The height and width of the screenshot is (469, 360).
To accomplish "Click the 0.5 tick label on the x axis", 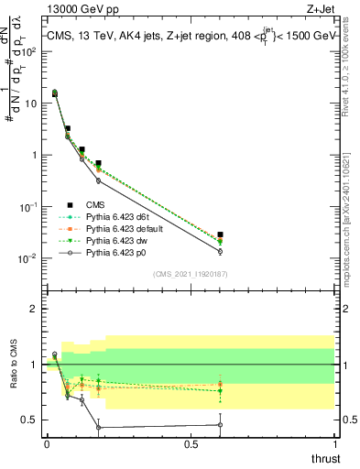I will tap(191, 443).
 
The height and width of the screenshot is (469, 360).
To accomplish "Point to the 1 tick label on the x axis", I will tap(334, 443).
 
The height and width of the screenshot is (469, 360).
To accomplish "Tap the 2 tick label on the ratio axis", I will tap(34, 309).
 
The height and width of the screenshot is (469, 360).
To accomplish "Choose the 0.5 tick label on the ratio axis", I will tap(30, 420).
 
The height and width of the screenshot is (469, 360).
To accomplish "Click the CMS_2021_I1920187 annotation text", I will tap(190, 274).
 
